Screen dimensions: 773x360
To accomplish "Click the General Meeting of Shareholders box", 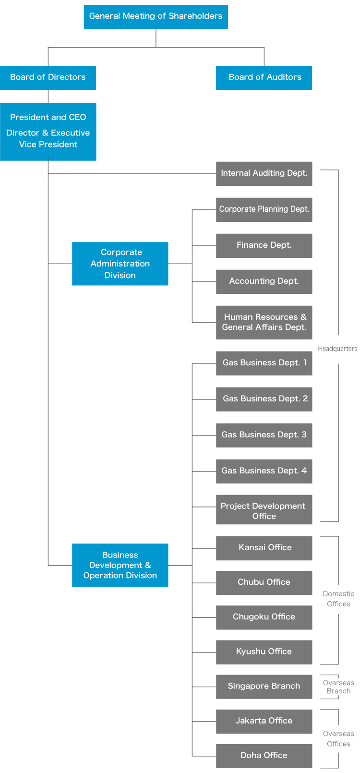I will [x=156, y=16].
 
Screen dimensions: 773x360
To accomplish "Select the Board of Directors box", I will [x=48, y=77].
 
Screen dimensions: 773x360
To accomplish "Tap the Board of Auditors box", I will [x=264, y=77].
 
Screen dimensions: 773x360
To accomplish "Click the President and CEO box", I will [x=48, y=131].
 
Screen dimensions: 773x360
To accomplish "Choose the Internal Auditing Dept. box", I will [x=264, y=173].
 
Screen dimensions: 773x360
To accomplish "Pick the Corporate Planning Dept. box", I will [x=264, y=209].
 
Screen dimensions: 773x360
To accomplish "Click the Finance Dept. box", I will [x=264, y=245].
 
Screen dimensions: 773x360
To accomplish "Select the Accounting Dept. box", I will [x=264, y=281].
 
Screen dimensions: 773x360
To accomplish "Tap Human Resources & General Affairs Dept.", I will [x=264, y=322].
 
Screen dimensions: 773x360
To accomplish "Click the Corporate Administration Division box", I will [x=120, y=264].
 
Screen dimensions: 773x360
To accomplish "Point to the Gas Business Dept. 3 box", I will [x=264, y=435].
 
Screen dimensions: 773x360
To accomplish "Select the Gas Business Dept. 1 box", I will [x=264, y=363].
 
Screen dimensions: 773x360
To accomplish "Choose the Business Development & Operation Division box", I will [x=120, y=565].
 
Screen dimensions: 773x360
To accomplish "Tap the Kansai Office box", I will [x=264, y=548].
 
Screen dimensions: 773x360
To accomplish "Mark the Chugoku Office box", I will [x=264, y=617].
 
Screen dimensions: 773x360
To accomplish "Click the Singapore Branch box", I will [x=264, y=687].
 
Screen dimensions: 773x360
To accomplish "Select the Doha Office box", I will [x=264, y=756].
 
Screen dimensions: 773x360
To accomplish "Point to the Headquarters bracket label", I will [x=337, y=349].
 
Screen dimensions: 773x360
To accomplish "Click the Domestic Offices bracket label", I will [x=338, y=599].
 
